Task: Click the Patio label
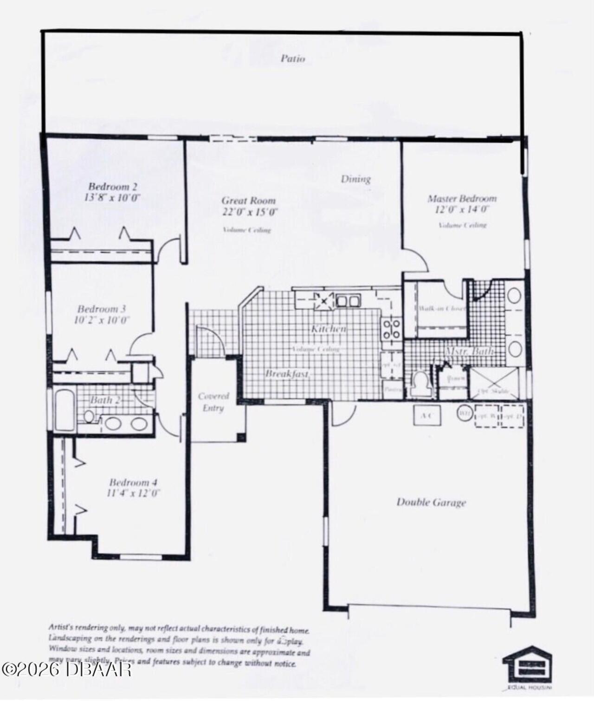[293, 58]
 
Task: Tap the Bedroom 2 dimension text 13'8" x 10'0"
[112, 197]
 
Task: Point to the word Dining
[355, 179]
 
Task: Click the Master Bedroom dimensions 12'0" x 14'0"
[462, 209]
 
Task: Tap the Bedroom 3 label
[102, 309]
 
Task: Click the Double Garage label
[431, 502]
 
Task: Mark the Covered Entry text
[213, 402]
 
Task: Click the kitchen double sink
[348, 301]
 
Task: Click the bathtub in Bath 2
[64, 411]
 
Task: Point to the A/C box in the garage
[427, 415]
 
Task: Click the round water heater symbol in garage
[464, 413]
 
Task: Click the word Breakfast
[287, 374]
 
